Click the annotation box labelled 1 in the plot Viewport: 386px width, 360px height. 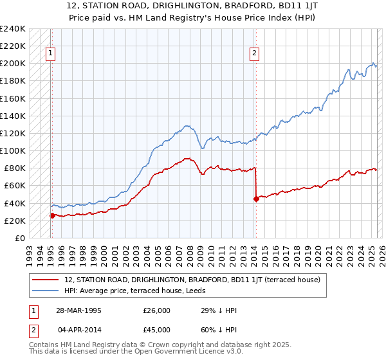coord(51,53)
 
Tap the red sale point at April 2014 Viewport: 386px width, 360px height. coord(256,199)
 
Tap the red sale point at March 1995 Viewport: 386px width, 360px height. coord(52,215)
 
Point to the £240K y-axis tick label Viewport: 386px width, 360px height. coord(13,29)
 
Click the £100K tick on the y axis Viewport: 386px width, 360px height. coord(13,150)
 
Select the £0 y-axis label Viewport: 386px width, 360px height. coord(20,238)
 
